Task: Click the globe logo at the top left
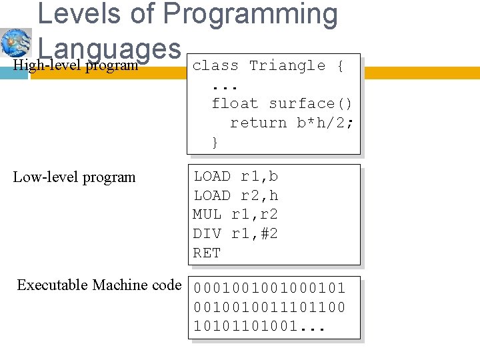coord(16,43)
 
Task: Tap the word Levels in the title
coord(79,15)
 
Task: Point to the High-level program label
coord(75,65)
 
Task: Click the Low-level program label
coord(74,177)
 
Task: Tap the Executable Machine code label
coord(99,285)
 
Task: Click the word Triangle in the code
coord(287,65)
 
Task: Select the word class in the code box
coord(215,65)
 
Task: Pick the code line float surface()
coord(282,103)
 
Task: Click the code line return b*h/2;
coord(292,123)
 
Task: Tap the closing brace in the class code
coord(215,142)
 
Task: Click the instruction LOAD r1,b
coord(236,177)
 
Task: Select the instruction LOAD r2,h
coord(236,195)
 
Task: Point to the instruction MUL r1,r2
coord(235,215)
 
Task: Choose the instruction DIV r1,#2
coord(235,234)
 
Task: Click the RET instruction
coord(207,253)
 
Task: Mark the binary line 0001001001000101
coord(269,289)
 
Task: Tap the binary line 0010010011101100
coord(269,308)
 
